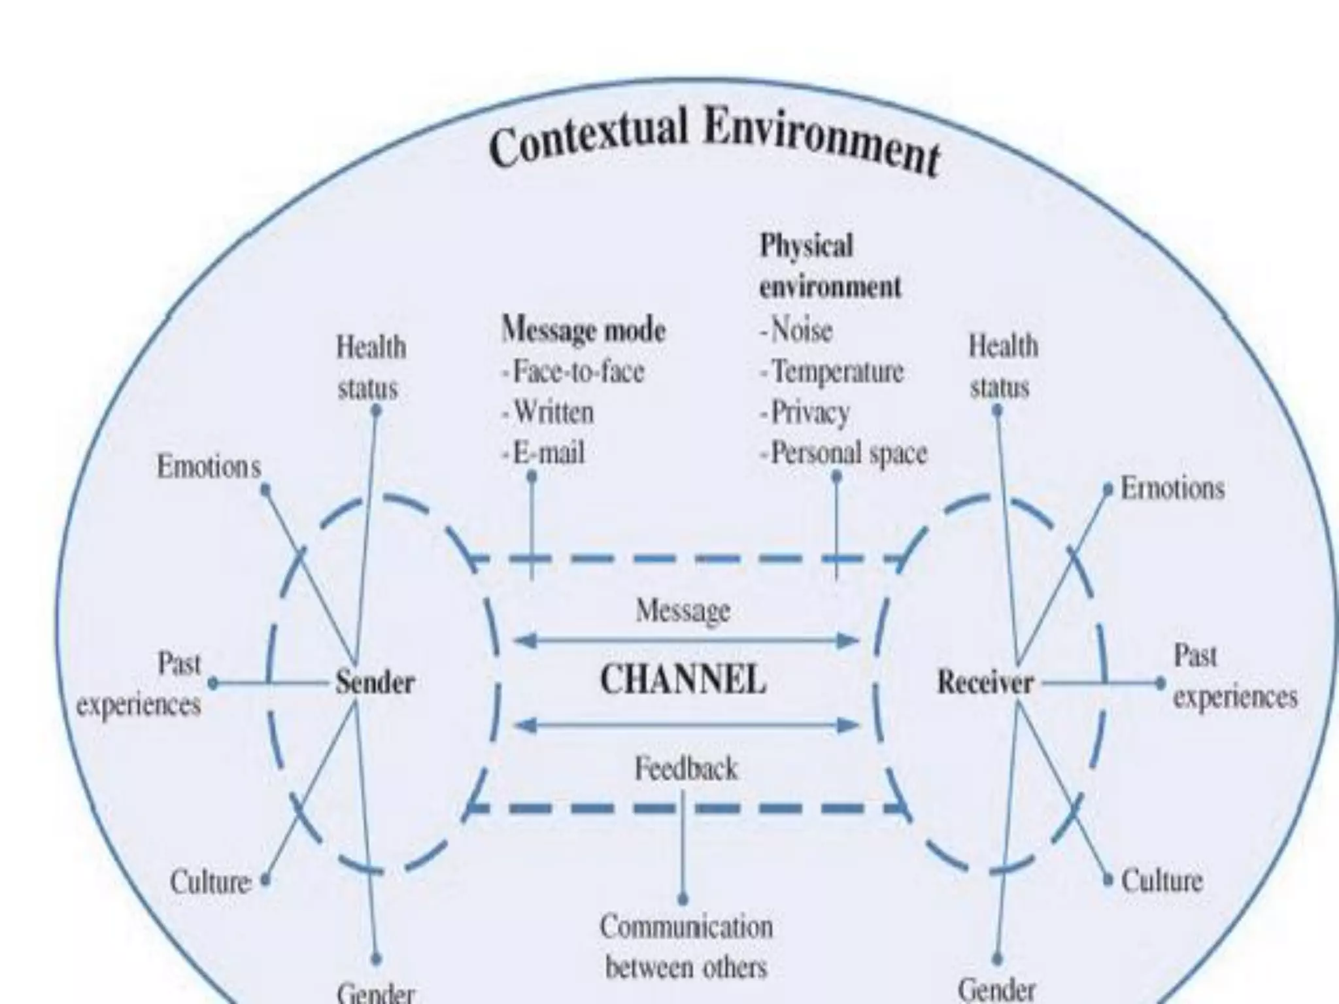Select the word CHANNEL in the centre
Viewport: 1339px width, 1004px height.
[x=683, y=680]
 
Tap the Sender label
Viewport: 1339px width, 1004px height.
[x=375, y=683]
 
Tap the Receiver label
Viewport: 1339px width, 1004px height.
[x=985, y=683]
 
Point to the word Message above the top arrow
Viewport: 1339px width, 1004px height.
[x=683, y=611]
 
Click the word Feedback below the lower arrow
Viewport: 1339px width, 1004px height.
[x=686, y=769]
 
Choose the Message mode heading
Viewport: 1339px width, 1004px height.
[x=583, y=329]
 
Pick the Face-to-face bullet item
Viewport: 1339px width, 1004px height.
[x=573, y=371]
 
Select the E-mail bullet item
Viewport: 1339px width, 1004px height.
[x=544, y=452]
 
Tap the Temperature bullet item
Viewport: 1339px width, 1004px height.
[x=832, y=371]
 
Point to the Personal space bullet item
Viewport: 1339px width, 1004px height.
[x=844, y=453]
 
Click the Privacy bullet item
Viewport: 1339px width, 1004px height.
[x=805, y=412]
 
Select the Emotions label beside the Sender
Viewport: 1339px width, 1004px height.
[x=209, y=467]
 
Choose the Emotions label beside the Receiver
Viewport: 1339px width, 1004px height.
[x=1172, y=488]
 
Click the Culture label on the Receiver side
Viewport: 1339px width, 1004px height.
[x=1162, y=880]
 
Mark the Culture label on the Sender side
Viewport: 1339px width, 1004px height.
[x=211, y=882]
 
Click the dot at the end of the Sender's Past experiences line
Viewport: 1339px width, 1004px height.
[x=212, y=684]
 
